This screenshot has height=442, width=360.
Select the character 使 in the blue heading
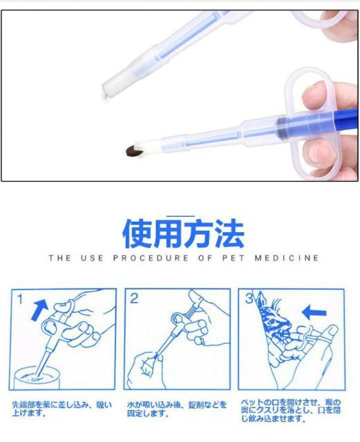coord(138,234)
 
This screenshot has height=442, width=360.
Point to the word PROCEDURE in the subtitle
coord(151,258)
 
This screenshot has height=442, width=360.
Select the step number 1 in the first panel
coord(21,299)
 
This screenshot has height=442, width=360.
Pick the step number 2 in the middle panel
coord(135,299)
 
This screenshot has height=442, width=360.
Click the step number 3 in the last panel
coord(249,299)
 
